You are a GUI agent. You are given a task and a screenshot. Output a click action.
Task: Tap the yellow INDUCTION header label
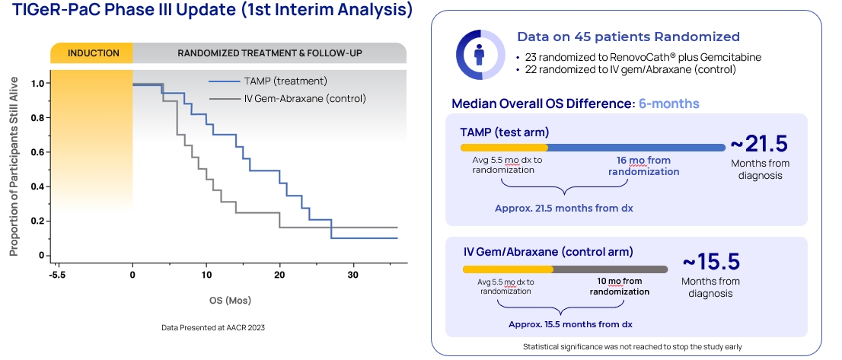[93, 53]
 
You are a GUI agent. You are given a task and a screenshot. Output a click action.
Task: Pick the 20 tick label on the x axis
[279, 274]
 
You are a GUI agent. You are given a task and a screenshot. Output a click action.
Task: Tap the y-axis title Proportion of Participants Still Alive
[14, 164]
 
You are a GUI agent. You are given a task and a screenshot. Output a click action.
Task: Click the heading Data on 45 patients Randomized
[628, 37]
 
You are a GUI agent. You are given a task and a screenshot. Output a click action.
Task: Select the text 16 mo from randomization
[643, 165]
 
